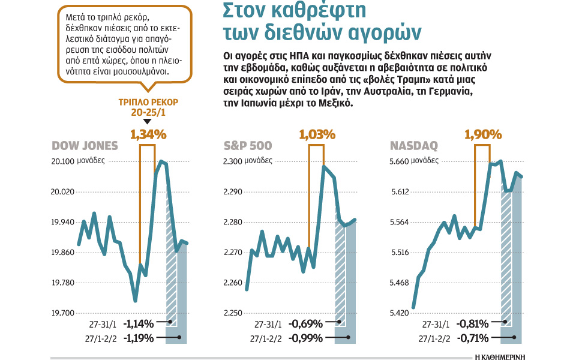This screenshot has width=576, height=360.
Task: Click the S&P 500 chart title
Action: (x=248, y=146)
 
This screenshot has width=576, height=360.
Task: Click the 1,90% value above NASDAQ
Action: (x=483, y=134)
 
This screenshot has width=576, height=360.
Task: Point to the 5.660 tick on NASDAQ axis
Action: (x=400, y=161)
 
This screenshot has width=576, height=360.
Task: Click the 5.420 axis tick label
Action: (x=400, y=313)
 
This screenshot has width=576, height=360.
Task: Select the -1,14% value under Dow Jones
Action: (x=139, y=324)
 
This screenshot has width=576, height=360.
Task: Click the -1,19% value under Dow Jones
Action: (x=139, y=338)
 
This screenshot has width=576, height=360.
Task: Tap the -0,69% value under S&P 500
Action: (x=306, y=324)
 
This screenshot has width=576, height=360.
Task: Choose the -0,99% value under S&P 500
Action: (x=306, y=338)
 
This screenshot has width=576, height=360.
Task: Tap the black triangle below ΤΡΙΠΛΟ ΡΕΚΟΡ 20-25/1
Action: (x=148, y=122)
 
